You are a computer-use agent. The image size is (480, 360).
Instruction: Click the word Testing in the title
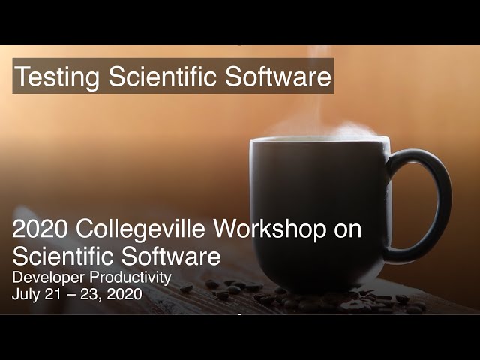click(x=58, y=76)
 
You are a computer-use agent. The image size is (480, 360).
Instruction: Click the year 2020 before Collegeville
click(x=40, y=230)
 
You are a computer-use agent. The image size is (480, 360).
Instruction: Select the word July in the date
click(x=25, y=294)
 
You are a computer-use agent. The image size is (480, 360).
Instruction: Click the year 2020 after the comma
click(x=125, y=294)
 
